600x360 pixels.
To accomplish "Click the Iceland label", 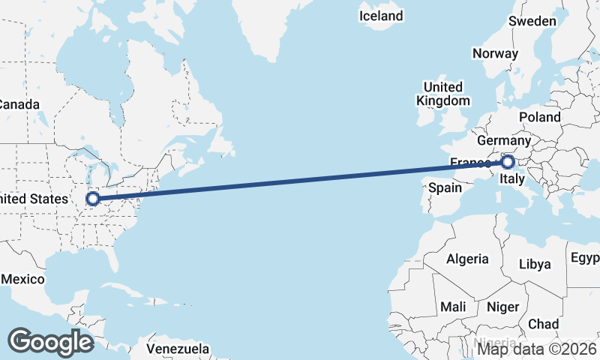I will click(381, 16).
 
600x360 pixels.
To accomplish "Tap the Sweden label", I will click(532, 21).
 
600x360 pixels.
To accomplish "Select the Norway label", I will click(495, 53).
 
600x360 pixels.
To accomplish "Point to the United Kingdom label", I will click(443, 94).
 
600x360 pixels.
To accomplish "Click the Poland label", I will click(539, 117).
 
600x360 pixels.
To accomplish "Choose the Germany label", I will click(504, 141).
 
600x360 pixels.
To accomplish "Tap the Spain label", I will click(445, 188).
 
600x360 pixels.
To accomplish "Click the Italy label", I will click(511, 180).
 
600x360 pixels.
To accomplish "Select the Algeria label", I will click(467, 259).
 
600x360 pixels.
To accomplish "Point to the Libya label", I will click(535, 264).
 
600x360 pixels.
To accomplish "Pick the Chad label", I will click(544, 324).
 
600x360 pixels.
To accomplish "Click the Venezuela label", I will click(178, 349).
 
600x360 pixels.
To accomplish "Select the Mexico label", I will click(24, 279).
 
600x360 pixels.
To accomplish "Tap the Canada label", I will click(19, 104).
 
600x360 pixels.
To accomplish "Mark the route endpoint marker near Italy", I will click(508, 161).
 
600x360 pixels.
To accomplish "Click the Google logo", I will click(50, 342).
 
